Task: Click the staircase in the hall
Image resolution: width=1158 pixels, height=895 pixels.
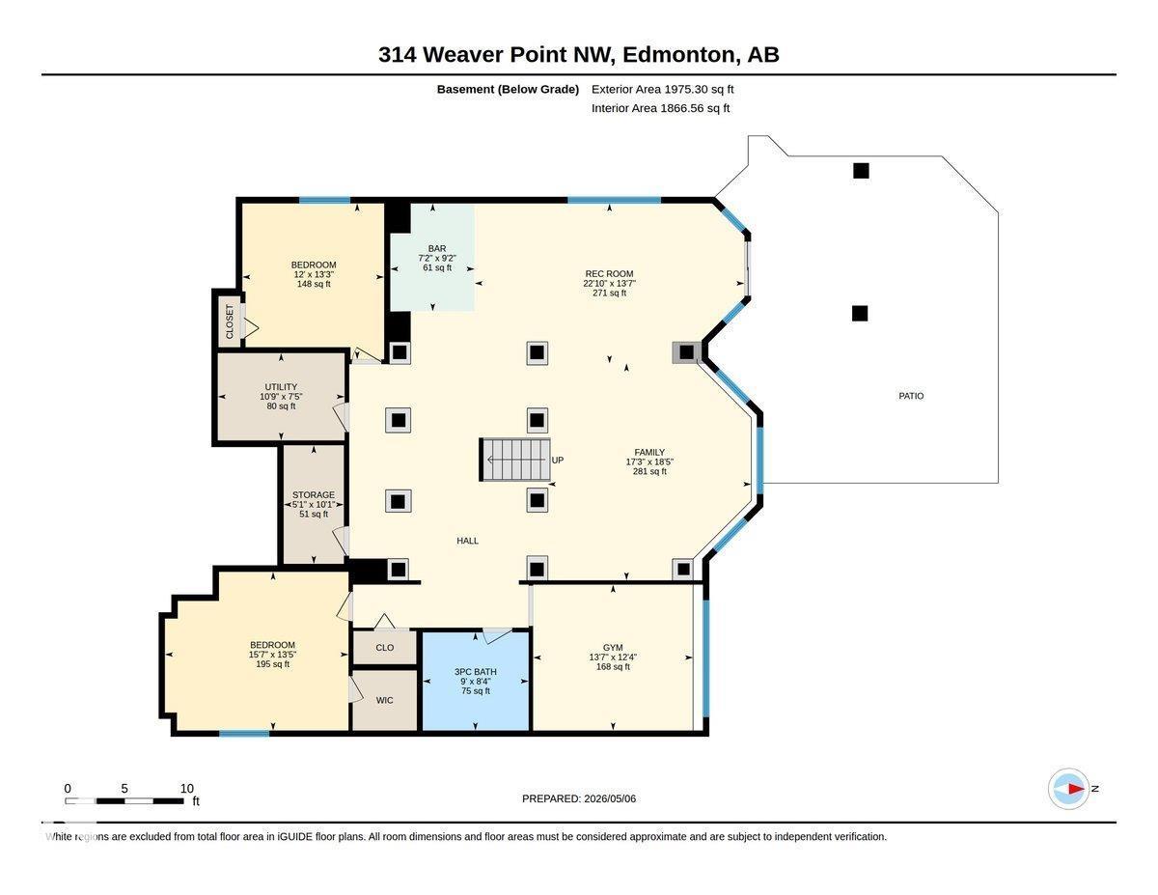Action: point(514,459)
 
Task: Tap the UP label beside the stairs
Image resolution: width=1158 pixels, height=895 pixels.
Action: point(558,460)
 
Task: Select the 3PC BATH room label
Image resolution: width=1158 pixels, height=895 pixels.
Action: point(476,672)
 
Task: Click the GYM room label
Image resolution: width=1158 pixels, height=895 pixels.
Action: point(613,648)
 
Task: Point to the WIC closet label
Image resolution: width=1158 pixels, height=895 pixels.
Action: point(384,700)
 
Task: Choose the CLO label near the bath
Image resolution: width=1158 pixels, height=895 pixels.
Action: point(384,648)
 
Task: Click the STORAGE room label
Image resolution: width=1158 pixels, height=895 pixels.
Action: point(314,494)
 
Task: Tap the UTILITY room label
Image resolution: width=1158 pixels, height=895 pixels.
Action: point(281,387)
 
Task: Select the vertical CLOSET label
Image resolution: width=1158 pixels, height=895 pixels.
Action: point(230,322)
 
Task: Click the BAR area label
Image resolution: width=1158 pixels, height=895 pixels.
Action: point(437,248)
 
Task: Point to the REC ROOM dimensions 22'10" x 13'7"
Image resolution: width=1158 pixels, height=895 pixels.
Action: point(609,284)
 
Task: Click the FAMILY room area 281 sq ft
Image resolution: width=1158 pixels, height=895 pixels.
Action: point(649,471)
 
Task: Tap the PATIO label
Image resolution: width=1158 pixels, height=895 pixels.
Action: point(911,396)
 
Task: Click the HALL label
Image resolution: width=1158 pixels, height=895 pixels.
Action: point(467,541)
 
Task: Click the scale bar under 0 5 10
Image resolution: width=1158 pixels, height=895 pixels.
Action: point(124,801)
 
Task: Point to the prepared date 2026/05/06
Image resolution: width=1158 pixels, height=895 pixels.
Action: point(610,798)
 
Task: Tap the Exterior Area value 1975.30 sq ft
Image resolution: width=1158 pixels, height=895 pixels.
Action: point(698,89)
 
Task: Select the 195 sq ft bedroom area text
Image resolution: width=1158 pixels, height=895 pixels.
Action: point(272,664)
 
